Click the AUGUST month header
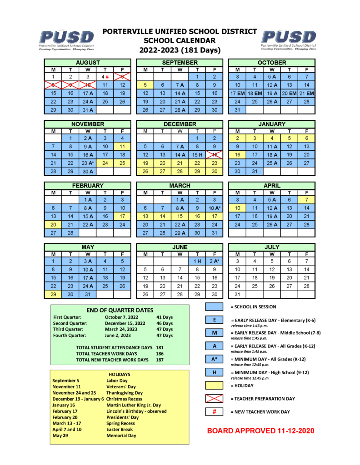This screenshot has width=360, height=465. pos(88,62)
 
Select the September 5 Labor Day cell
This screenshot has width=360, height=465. pos(145,85)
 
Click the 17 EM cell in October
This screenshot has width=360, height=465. pos(237,93)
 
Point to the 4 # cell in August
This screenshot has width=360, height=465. pos(105,77)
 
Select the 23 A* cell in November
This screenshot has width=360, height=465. pos(88,163)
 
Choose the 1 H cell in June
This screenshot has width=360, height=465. pos(197,261)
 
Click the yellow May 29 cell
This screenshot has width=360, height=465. pos(53,294)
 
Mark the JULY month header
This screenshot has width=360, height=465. pos(272,247)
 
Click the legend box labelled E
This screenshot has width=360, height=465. pos(214,320)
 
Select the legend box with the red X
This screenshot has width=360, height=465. pos(214,399)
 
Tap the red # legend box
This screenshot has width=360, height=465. pos(214,412)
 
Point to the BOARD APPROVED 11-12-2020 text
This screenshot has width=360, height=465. pos(260,430)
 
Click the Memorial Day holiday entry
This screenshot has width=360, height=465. pos(121,435)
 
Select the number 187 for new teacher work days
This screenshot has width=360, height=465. pos(160,360)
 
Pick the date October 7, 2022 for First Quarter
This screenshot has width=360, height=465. pos(122,317)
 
